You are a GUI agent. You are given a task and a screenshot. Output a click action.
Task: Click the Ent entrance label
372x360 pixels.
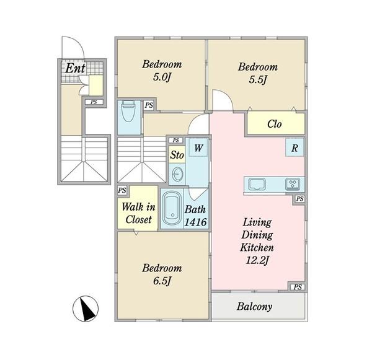75,68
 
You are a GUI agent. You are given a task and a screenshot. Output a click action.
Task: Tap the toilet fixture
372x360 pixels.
128,111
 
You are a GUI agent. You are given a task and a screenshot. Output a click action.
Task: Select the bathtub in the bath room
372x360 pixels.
172,208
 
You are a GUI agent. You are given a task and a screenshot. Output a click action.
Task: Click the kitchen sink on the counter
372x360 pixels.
257,184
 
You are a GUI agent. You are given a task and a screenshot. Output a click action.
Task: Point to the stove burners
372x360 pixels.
293,184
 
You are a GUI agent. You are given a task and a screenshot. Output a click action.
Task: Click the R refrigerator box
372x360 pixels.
294,147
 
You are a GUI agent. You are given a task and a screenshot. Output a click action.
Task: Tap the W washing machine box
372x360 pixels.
198,147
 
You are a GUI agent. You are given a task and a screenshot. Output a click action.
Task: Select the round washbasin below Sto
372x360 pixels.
177,174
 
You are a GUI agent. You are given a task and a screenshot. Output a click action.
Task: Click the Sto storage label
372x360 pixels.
177,155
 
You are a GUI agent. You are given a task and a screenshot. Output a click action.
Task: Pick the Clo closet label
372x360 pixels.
275,124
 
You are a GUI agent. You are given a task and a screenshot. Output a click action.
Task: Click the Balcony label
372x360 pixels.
254,307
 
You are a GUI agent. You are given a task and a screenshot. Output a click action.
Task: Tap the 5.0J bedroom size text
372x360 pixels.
162,77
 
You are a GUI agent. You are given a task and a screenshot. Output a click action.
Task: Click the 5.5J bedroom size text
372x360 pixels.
258,80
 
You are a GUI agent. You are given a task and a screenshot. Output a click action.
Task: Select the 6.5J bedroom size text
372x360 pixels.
162,281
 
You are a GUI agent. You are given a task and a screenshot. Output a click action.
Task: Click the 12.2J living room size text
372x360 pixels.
257,260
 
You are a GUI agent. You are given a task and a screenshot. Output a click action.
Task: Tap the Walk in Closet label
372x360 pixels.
138,213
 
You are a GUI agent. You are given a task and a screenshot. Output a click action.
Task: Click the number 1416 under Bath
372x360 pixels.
196,222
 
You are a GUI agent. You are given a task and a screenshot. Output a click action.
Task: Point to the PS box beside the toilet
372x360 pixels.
149,105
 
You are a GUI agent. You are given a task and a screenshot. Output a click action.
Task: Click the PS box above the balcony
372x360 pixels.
298,287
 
